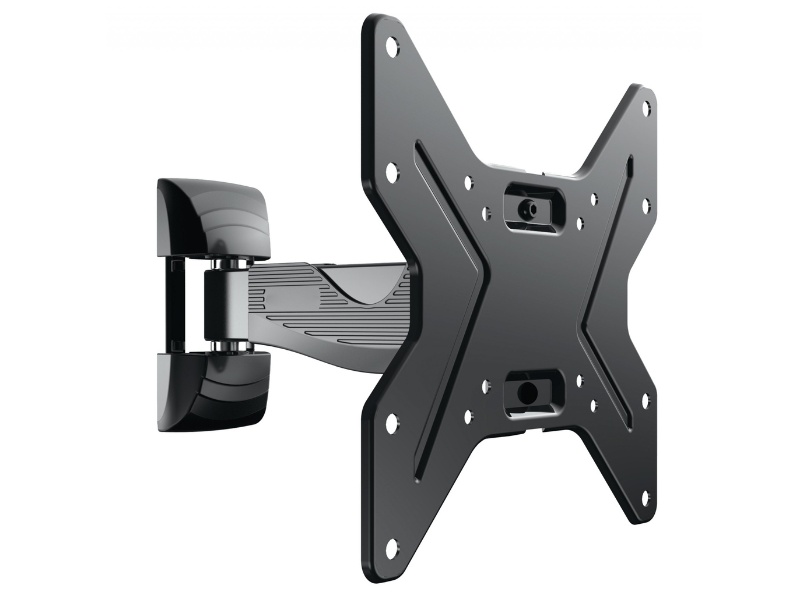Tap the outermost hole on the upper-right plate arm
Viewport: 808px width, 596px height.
(645, 105)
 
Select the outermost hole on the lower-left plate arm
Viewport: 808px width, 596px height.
(391, 546)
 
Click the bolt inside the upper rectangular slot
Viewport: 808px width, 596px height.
(530, 208)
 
